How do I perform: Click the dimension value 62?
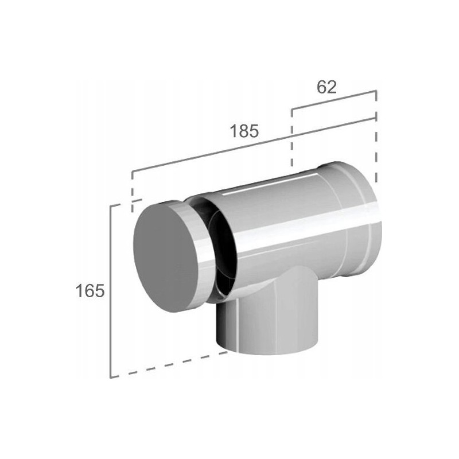coord(326,87)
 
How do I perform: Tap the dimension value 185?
coord(244,131)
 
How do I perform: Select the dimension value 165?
coord(90,291)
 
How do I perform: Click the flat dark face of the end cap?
coord(165,258)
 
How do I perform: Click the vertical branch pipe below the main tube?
coord(268,316)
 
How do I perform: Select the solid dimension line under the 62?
coord(334,100)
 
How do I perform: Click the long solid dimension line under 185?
coord(254,145)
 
